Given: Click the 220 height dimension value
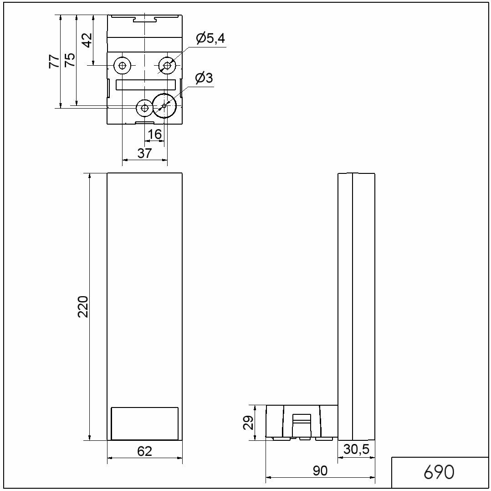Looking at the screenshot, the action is pos(83,306).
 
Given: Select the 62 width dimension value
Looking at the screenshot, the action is pos(145,451).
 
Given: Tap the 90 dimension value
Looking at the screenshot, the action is pos(320,470).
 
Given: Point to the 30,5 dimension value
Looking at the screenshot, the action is pos(356,449).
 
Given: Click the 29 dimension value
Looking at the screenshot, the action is pos(248,422).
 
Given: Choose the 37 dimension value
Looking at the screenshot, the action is pos(144,153).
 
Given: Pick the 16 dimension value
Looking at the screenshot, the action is pos(154,134).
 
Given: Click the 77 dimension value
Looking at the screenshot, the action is pos(54,61).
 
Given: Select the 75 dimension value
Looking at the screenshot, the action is pos(70,60).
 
